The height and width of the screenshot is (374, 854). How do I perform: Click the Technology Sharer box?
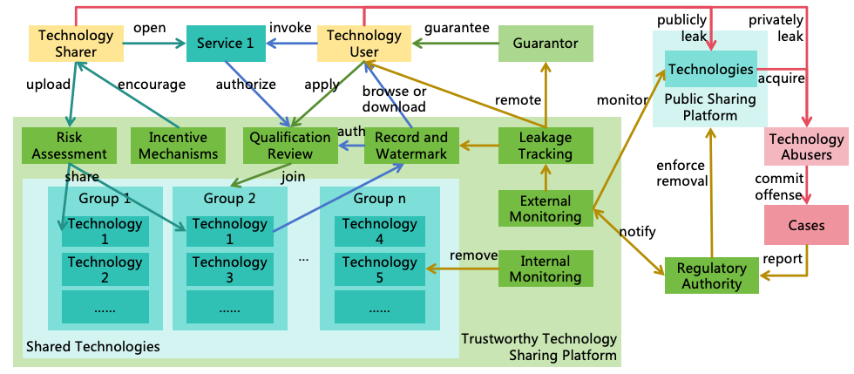(x=77, y=44)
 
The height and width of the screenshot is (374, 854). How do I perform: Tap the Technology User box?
(x=364, y=44)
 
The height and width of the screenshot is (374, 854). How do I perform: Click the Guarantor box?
(x=545, y=44)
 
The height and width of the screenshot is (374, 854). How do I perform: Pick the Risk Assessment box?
(x=69, y=146)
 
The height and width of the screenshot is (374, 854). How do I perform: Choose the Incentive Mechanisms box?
(x=178, y=146)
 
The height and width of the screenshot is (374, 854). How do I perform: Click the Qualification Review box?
(x=290, y=146)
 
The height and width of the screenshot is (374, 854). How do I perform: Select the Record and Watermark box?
(x=411, y=146)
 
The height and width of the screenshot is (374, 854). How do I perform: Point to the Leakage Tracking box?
(x=546, y=146)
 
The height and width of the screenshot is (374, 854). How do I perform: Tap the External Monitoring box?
(x=546, y=207)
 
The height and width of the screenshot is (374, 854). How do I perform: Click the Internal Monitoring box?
(x=546, y=269)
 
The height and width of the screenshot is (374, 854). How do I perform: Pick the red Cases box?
(x=806, y=225)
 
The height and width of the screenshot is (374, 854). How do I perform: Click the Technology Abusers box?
(x=806, y=146)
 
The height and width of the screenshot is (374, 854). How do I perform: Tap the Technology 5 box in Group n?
(x=379, y=269)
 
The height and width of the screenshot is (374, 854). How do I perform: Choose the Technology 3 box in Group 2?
(x=230, y=269)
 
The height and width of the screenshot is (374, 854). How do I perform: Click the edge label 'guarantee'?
(x=457, y=27)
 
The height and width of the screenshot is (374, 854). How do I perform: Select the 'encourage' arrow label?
(x=152, y=85)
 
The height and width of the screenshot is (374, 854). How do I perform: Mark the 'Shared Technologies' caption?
(x=93, y=346)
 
